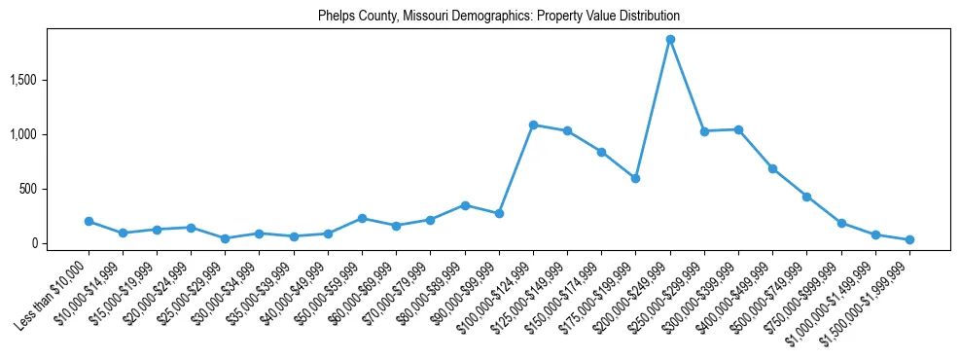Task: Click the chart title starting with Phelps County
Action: click(499, 17)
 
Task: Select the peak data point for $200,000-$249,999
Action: click(670, 39)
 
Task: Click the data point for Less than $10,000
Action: click(89, 221)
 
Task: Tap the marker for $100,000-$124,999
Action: click(533, 125)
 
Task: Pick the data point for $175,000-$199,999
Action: click(635, 178)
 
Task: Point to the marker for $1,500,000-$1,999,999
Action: click(909, 239)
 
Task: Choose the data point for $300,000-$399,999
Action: click(738, 129)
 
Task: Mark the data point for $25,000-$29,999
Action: click(225, 238)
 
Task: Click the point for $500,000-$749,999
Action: click(806, 197)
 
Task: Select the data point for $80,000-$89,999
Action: click(465, 205)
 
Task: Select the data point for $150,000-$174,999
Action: click(601, 152)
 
